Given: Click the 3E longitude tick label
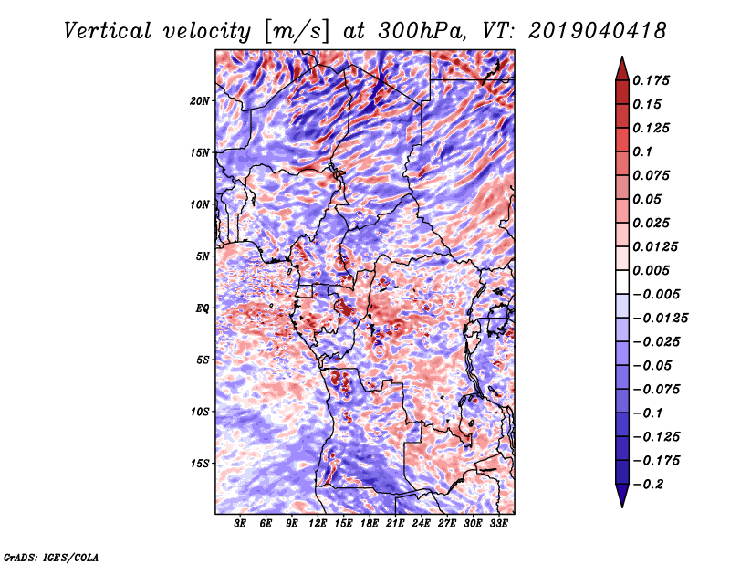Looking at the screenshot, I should [241, 524].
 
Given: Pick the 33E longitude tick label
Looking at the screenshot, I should [499, 524].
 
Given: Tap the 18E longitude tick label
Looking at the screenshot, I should [370, 524].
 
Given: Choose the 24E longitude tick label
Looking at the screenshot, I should [422, 524].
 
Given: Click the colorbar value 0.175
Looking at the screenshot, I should [653, 80].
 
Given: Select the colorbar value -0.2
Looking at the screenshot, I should [651, 484].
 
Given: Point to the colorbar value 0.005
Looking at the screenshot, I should [653, 270].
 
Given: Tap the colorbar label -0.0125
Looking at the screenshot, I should [662, 318].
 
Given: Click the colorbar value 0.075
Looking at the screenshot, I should [653, 175].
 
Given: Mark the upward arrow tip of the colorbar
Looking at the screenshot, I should [621, 58].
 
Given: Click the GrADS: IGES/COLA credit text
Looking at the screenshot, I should [50, 556].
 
